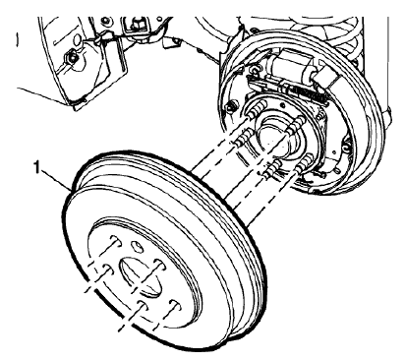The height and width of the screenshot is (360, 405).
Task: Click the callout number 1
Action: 37,169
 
